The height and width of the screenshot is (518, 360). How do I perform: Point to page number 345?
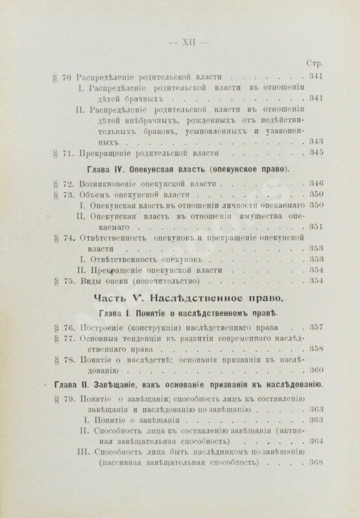pyautogui.click(x=316, y=153)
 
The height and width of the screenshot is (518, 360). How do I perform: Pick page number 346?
pyautogui.click(x=316, y=184)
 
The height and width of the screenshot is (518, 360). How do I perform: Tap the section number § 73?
pyautogui.click(x=62, y=195)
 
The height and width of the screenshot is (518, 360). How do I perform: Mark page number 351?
pyautogui.click(x=316, y=227)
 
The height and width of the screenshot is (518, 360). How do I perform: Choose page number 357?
pyautogui.click(x=316, y=327)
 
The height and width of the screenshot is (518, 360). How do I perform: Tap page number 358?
pyautogui.click(x=316, y=349)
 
